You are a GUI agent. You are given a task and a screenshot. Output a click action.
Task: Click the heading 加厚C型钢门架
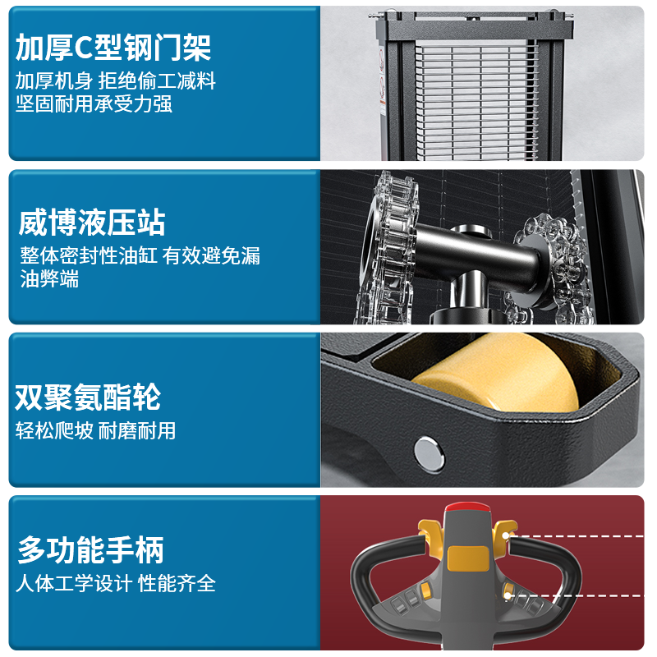[x=113, y=48]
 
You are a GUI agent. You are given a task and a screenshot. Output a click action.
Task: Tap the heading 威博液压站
[x=92, y=223]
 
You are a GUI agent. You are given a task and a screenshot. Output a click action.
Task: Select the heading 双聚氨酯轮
[x=88, y=397]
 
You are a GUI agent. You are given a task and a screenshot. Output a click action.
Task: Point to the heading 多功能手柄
[x=90, y=549]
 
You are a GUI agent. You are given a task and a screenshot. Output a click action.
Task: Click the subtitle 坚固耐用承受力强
[x=94, y=104]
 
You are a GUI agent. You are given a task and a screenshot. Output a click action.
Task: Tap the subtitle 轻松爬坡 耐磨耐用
[x=95, y=430]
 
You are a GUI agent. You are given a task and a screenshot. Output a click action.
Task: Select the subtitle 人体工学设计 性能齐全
[x=116, y=583]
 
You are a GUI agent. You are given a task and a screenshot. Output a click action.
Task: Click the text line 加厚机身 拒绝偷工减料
[x=116, y=80]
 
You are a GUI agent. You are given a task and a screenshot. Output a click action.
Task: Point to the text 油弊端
[x=49, y=278]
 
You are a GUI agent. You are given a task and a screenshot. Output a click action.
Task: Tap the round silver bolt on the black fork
[x=429, y=454]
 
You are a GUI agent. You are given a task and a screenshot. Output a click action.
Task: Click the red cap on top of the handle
[x=467, y=508]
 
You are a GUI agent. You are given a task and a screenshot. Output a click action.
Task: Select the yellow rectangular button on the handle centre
[x=468, y=558]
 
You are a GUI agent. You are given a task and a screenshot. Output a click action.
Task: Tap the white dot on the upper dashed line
[x=506, y=535]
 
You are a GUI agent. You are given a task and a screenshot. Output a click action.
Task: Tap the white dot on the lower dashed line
[x=508, y=595]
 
